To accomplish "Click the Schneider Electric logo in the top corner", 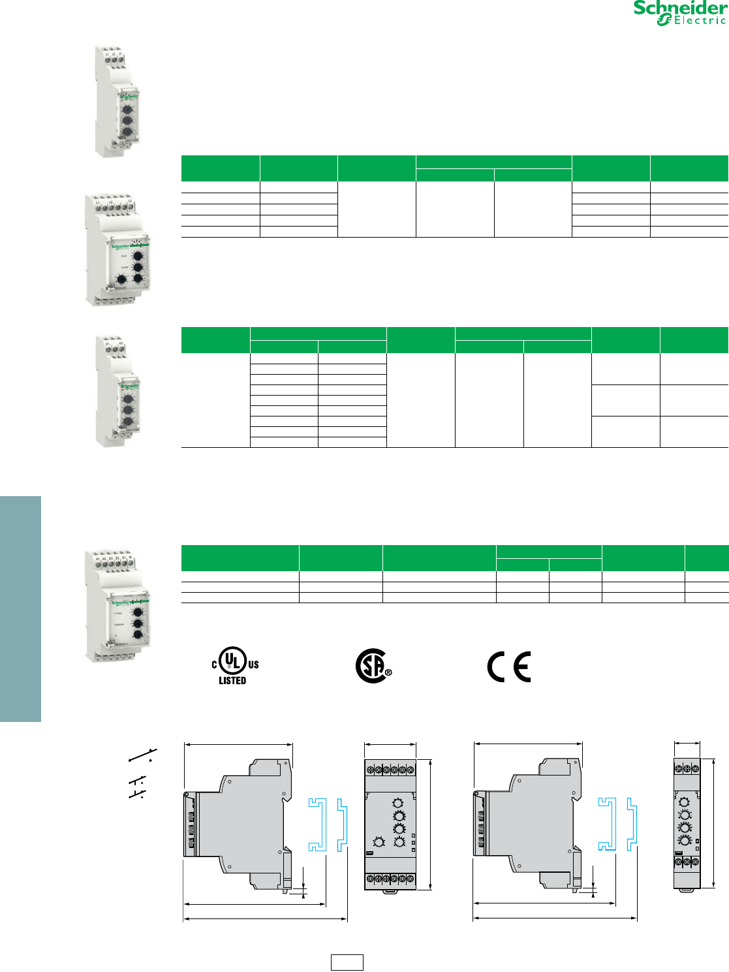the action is (680, 13).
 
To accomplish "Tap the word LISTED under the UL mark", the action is (232, 680).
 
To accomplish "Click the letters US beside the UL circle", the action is (253, 665).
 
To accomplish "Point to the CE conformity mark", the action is (509, 666).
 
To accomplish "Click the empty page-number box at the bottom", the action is (347, 962).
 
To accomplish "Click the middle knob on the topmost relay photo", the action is (128, 120).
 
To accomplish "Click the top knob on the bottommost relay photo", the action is (138, 612).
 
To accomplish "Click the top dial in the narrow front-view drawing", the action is (684, 802).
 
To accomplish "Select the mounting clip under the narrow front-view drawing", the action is (685, 890).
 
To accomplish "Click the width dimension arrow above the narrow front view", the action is (687, 743).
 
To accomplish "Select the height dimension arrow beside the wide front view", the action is (431, 824).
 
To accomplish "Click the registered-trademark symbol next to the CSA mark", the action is (388, 672).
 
